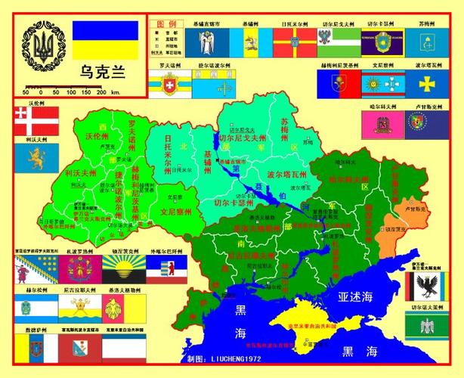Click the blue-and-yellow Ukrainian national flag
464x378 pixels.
105,41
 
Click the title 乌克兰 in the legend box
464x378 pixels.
103,74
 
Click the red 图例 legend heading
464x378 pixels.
165,24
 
